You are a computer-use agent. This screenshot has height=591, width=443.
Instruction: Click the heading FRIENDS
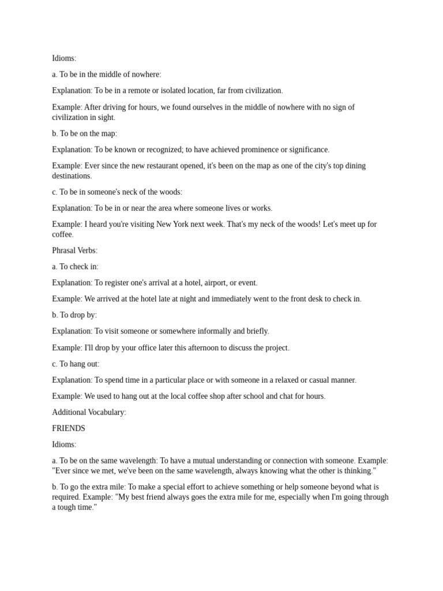(x=69, y=429)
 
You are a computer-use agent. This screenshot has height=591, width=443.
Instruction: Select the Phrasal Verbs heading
(x=75, y=250)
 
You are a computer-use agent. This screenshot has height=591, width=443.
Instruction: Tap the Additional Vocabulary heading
(x=89, y=413)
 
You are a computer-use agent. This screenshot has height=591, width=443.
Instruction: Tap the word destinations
(x=71, y=176)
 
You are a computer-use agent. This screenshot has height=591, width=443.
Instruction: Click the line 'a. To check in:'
(x=75, y=267)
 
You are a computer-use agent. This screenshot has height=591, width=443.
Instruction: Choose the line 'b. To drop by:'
(x=74, y=315)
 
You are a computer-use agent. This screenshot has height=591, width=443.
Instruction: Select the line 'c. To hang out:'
(x=76, y=364)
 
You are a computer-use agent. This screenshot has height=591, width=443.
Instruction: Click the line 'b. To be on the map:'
(x=85, y=133)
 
